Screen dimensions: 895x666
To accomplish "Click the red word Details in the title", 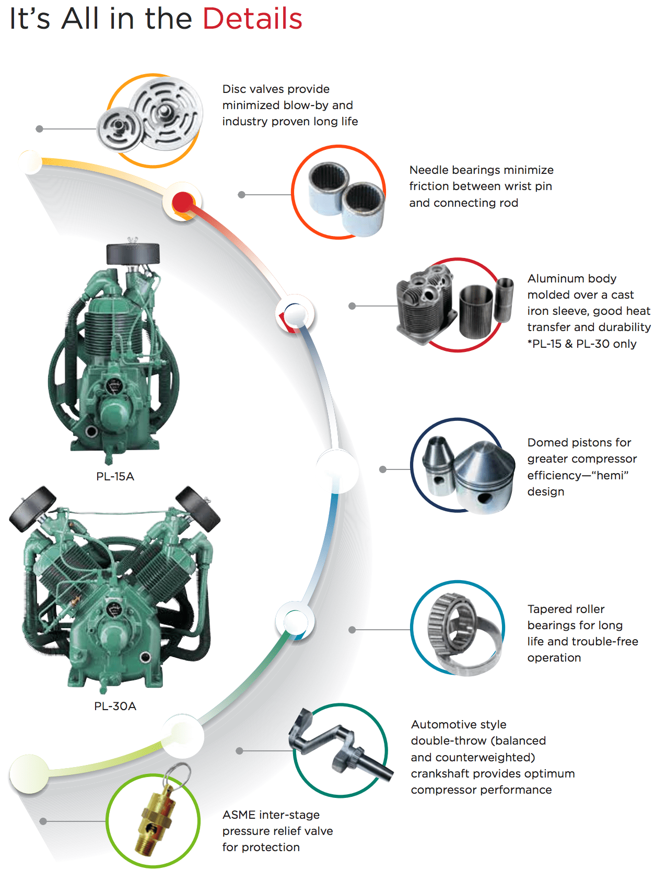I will [252, 19].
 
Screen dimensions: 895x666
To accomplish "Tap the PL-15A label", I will [115, 476].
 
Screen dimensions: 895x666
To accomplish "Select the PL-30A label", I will [115, 706].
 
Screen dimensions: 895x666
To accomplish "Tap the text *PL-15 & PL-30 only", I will [581, 344].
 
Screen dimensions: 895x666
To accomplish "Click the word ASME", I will [239, 815].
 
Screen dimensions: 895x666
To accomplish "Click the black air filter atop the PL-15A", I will [133, 254].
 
